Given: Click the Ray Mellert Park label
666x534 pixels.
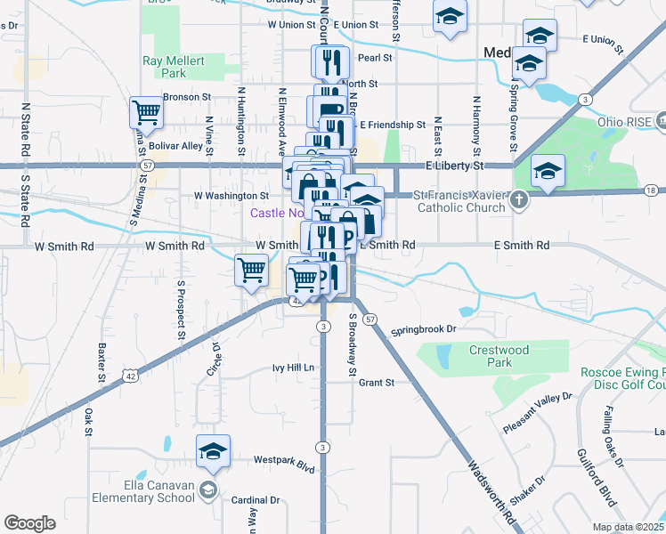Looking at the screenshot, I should [175, 68].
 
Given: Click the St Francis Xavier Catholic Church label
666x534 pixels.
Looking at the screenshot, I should [459, 201].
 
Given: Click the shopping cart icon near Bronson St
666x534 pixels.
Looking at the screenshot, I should [145, 114].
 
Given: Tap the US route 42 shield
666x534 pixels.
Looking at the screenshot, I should [130, 376].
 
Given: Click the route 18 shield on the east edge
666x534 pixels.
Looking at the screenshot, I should [652, 190].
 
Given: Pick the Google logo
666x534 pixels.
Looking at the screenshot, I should [29, 522].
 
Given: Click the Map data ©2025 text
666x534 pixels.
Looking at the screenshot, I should [628, 527].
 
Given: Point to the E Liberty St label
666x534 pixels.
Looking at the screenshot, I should [454, 166].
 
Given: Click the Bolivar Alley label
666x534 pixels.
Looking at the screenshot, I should [176, 145].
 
